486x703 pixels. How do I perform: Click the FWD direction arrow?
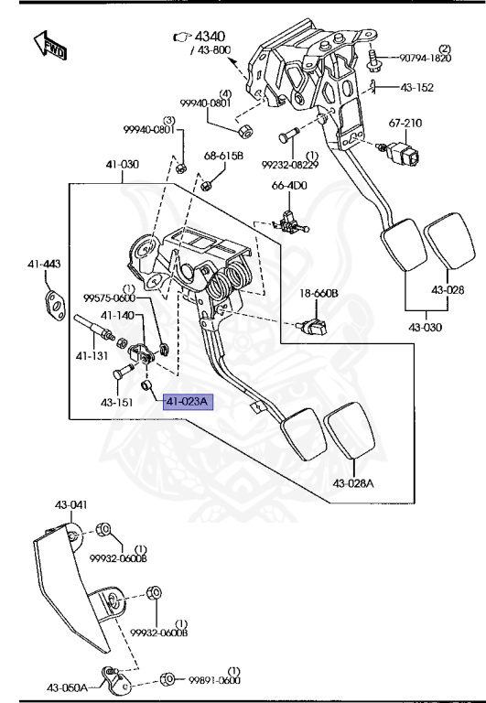50,45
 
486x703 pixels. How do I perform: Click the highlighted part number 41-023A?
188,402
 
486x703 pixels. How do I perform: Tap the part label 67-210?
405,123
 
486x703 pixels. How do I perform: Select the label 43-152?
417,88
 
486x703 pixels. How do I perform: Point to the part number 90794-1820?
426,58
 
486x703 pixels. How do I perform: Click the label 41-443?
44,264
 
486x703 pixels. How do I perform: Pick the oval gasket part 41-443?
56,304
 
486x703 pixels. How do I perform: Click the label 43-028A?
353,483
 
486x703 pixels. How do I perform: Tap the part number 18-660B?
319,294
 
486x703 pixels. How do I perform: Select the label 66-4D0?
289,185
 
